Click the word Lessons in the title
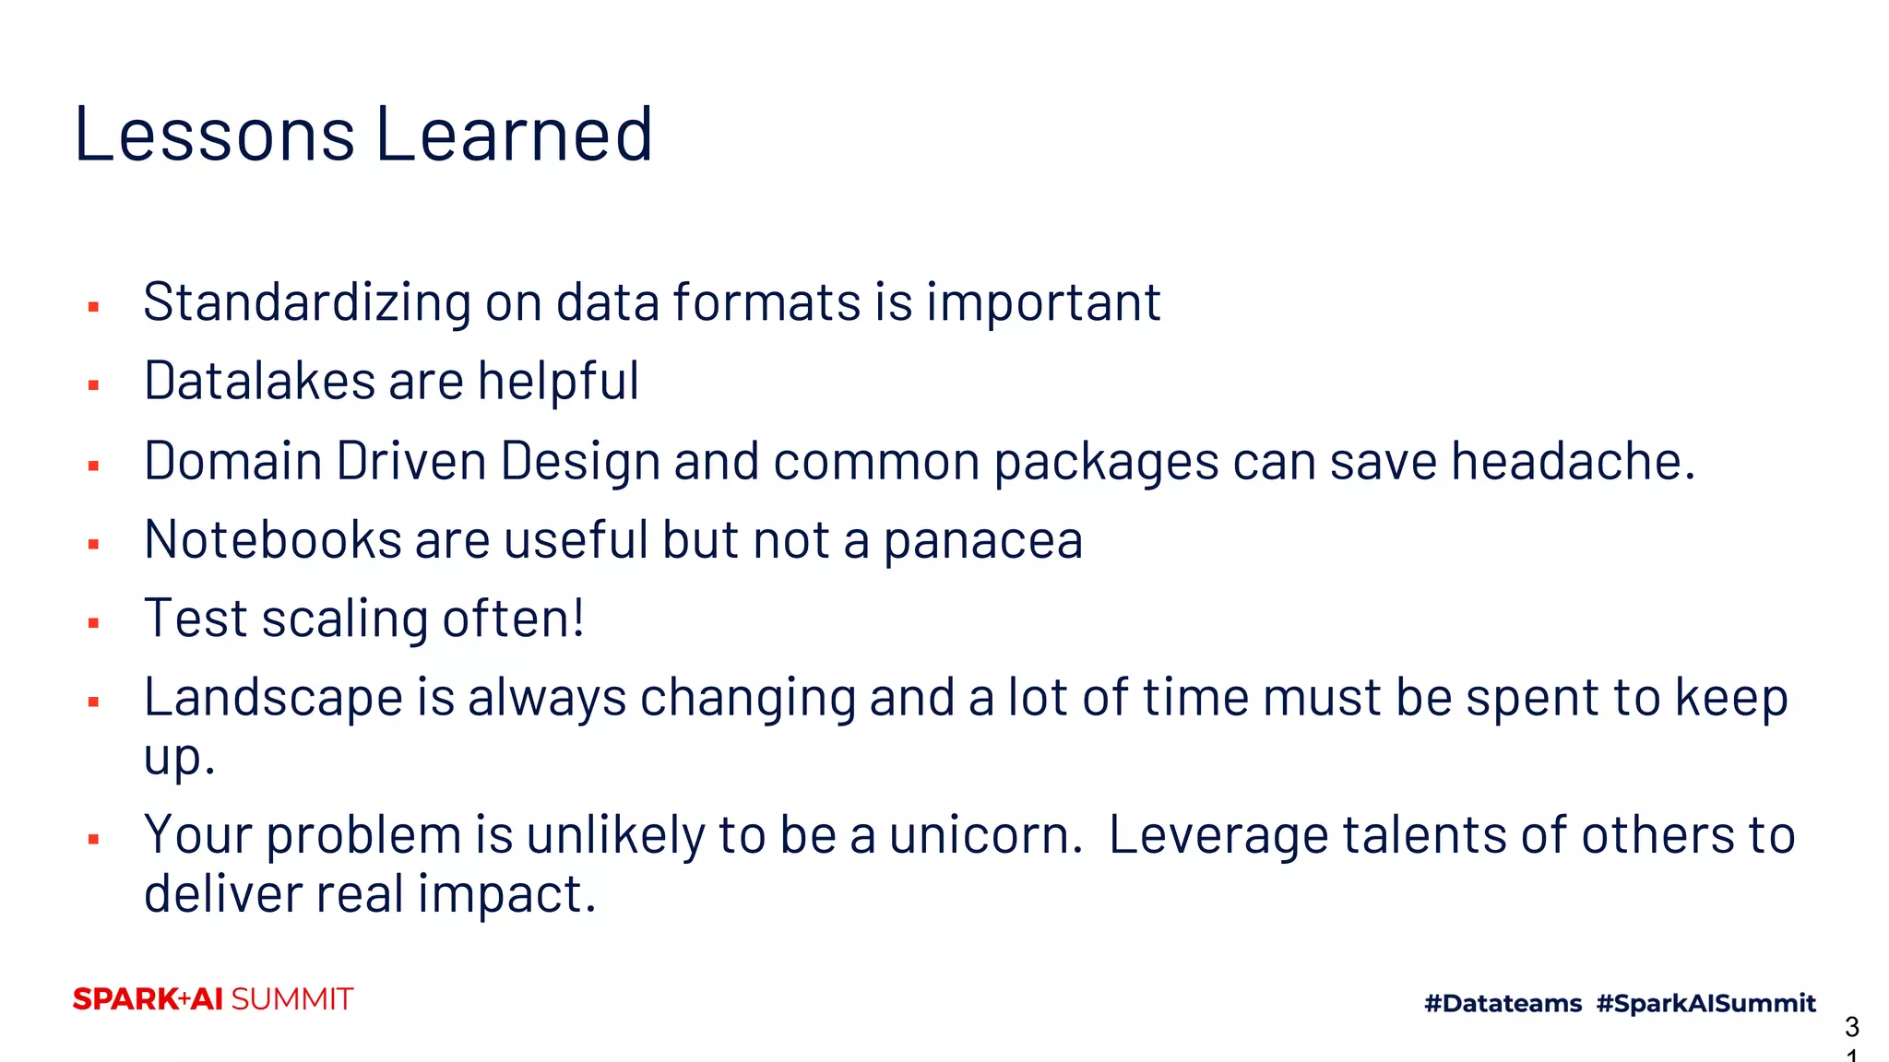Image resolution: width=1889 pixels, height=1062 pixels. coord(214,135)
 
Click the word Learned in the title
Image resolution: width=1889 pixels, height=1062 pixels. coord(515,135)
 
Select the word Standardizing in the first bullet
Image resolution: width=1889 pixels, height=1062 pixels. coord(307,302)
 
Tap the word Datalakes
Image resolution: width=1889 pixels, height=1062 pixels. coord(258,381)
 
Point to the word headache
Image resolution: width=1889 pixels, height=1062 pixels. coord(1573,460)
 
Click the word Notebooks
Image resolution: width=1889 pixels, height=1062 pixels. coord(272,539)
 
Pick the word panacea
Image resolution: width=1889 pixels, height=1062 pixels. coord(982,541)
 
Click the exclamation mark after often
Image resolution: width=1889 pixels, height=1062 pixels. coord(578,617)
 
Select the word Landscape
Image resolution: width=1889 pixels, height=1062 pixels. coord(273,698)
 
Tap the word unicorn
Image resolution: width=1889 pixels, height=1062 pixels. coord(984,835)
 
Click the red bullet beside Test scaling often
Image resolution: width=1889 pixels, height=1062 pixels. coord(93,623)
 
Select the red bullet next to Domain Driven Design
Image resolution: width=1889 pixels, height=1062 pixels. coord(93,466)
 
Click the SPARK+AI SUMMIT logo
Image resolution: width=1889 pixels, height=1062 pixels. coord(213,999)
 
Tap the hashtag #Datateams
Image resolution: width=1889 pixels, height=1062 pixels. coord(1503,1003)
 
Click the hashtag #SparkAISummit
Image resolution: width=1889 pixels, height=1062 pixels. coord(1705,1003)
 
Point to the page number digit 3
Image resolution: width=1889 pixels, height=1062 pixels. coord(1851,1026)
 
